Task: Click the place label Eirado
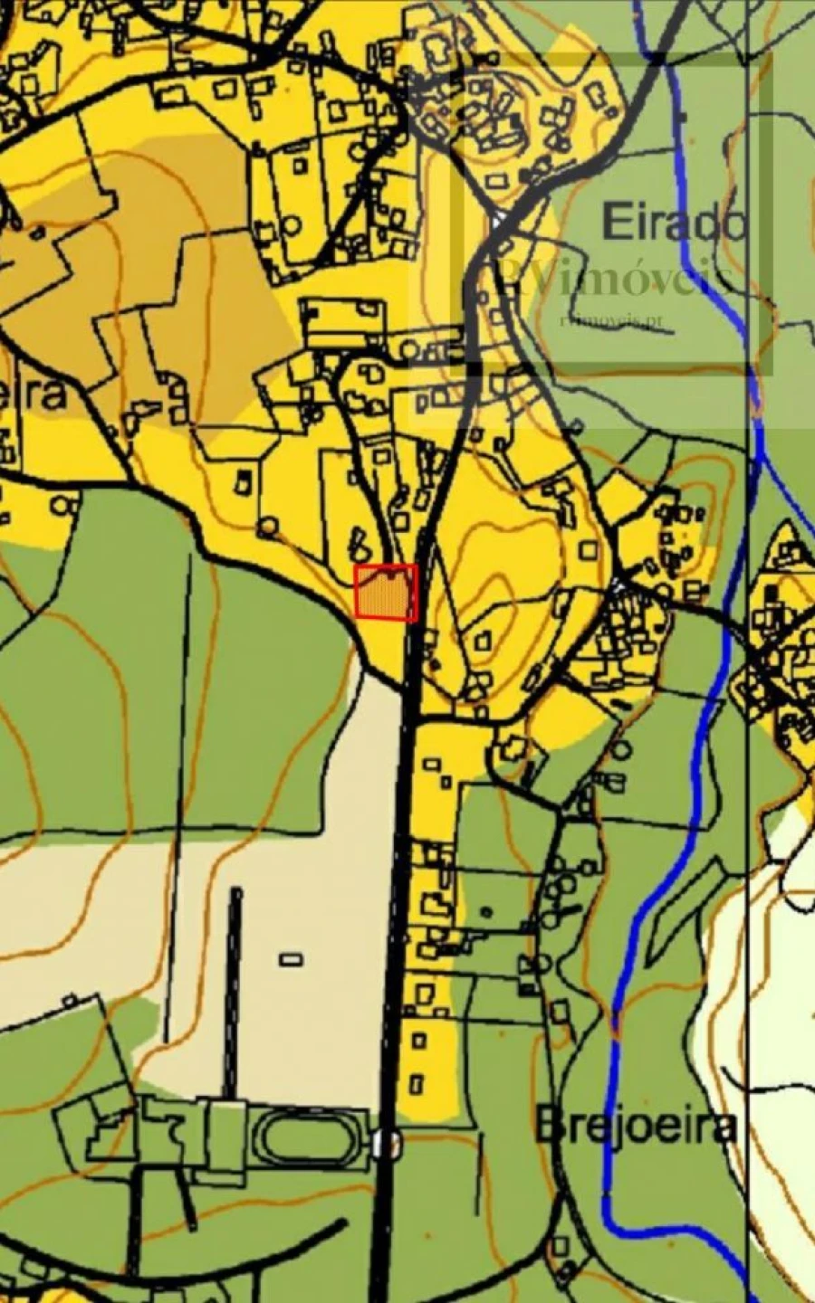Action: [x=674, y=222]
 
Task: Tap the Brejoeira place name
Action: [x=635, y=1127]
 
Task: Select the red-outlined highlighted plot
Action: [x=386, y=592]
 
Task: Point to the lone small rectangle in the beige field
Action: [x=291, y=959]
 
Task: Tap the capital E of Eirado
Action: [x=615, y=222]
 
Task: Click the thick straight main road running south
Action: [x=398, y=905]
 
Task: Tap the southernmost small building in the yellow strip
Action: [x=417, y=1081]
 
